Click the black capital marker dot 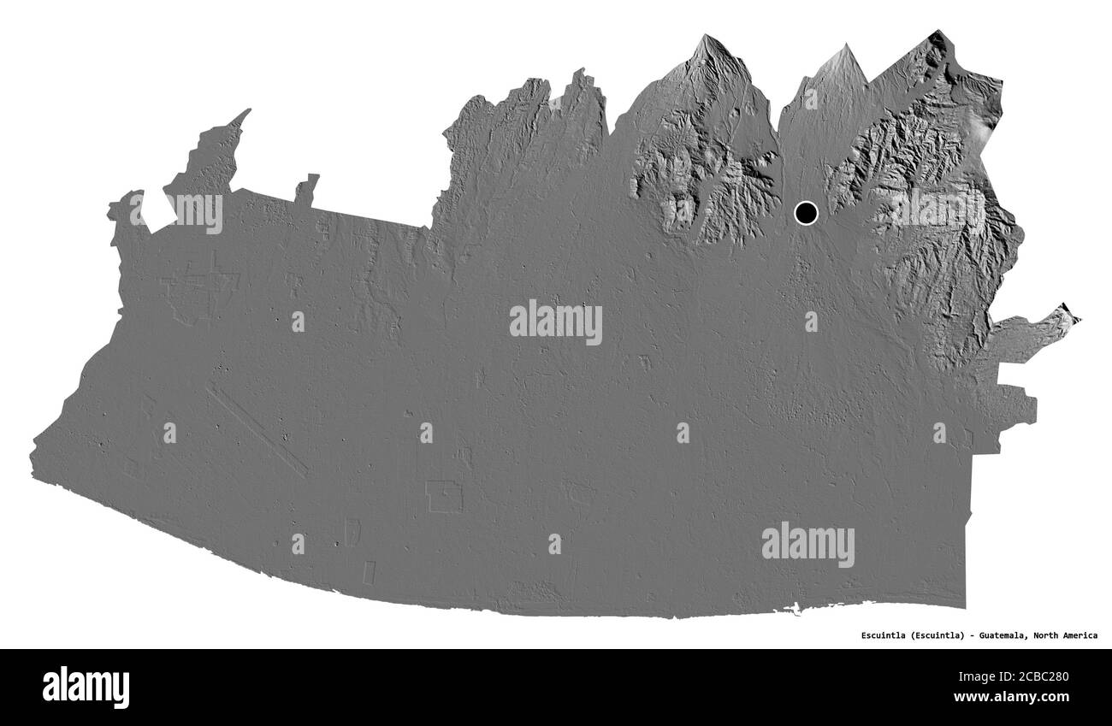[806, 212]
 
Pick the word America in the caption [1081, 635]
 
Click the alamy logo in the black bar [86, 687]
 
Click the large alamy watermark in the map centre [556, 322]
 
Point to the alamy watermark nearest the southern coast [807, 544]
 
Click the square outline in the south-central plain [444, 497]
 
